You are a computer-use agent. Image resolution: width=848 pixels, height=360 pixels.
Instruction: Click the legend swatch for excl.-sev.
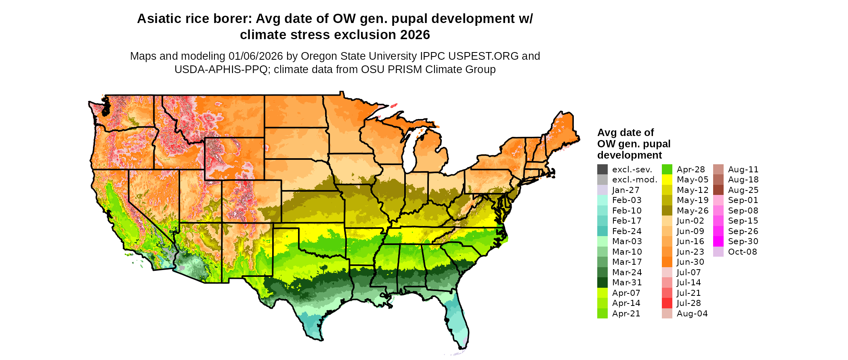(602, 170)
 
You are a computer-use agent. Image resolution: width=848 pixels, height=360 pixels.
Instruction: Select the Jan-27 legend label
(626, 190)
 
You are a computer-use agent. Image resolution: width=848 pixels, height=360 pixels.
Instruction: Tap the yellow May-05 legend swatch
(667, 180)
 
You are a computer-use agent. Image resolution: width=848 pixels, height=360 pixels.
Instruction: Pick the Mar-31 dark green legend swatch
(602, 283)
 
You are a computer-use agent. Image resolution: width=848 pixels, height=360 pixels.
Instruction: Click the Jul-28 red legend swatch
(667, 303)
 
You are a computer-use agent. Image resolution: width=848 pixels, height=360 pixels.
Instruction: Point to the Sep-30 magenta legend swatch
(718, 241)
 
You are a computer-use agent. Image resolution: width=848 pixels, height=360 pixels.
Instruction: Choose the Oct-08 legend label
(742, 252)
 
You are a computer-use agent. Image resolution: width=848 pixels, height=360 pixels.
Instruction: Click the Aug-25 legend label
(743, 190)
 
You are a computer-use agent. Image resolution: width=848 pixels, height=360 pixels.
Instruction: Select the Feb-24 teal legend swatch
(602, 231)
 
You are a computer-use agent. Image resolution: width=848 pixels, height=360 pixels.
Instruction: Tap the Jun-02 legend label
(690, 221)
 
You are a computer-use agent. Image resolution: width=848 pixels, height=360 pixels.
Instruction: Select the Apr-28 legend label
(691, 170)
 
